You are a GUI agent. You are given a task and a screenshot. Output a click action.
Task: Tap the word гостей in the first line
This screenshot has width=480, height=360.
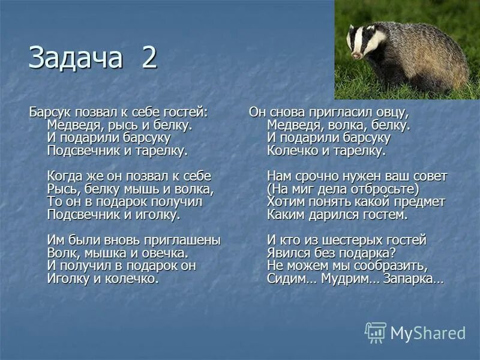pyautogui.click(x=185, y=112)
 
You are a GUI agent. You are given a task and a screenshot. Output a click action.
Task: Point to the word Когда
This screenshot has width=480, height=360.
pyautogui.click(x=65, y=176)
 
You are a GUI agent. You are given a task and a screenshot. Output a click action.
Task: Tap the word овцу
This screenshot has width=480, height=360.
pyautogui.click(x=389, y=112)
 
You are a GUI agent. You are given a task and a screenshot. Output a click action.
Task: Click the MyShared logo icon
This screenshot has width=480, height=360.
pyautogui.click(x=376, y=332)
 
